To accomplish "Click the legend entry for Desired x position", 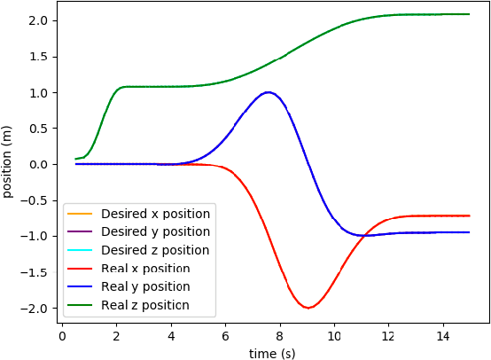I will (x=155, y=214).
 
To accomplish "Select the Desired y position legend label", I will (x=155, y=232).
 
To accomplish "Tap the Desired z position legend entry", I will (x=155, y=251).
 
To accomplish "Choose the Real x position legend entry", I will (x=145, y=269).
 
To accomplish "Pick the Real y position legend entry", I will (x=145, y=287).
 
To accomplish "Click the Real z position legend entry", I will (x=145, y=306).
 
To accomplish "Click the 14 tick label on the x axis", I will (x=442, y=337).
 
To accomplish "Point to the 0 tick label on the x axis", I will (x=62, y=337).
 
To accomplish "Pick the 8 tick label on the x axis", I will (x=279, y=337).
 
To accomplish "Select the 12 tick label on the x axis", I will (x=387, y=337).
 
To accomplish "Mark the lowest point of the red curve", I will (x=308, y=308).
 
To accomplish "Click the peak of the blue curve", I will (x=267, y=92).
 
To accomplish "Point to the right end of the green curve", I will (x=469, y=14).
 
